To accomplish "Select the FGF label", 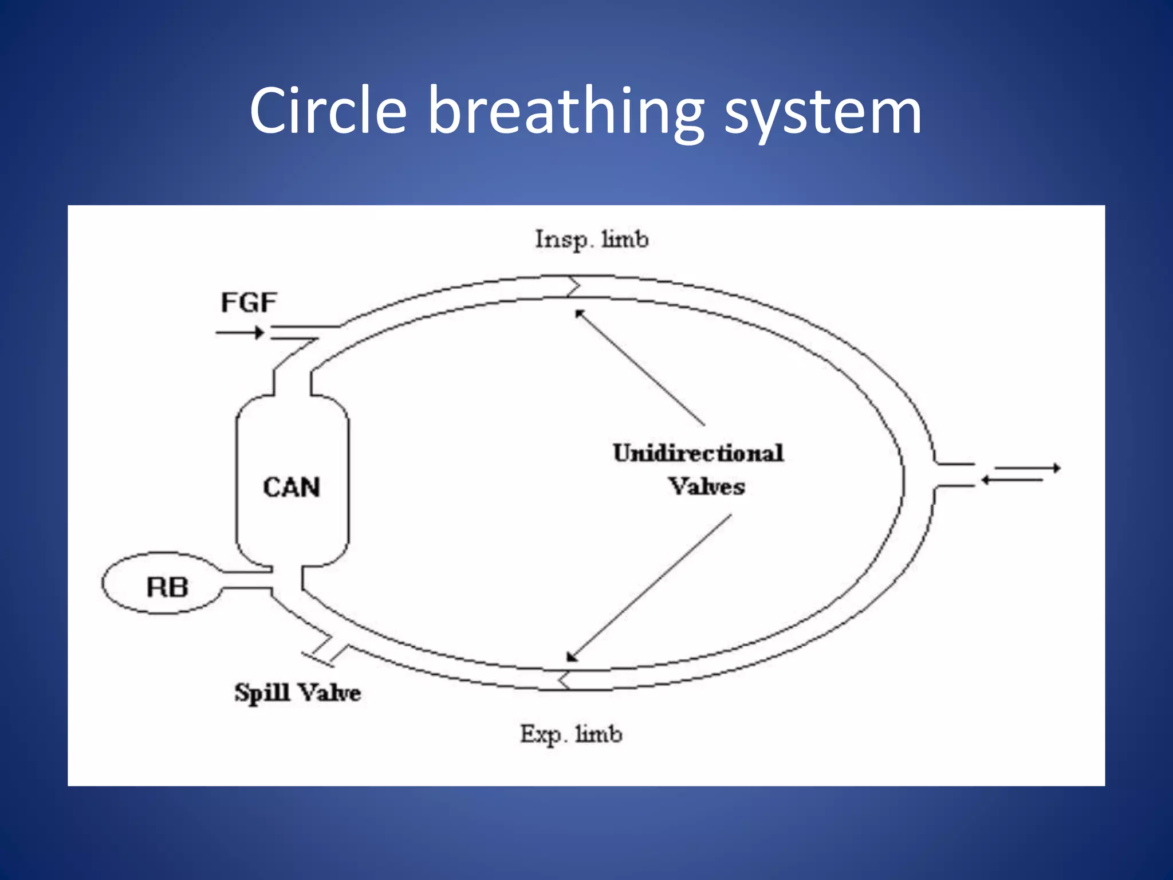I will pos(249,302).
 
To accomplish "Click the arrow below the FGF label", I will pos(240,332).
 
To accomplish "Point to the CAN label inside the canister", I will pos(291,488).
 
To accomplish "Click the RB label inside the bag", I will pos(167,587).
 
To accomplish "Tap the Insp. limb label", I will pos(592,239).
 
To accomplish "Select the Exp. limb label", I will pos(571,734).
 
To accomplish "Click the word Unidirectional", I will pos(698,453).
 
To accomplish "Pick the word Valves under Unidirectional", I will pos(707,487).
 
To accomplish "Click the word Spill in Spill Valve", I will pos(262,693).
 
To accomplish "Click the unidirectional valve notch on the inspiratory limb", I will pos(573,286).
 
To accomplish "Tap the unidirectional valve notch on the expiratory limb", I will pos(564,679).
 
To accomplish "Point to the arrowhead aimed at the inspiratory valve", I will pos(580,313).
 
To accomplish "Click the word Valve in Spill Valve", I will pos(330,693).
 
